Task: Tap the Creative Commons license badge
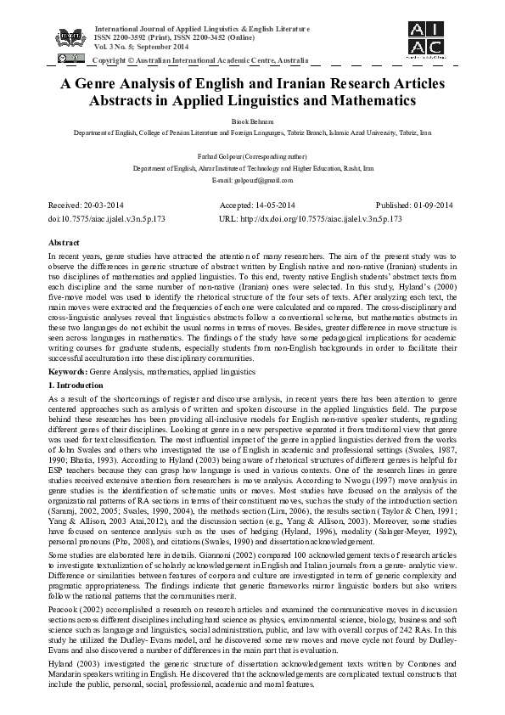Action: pyautogui.click(x=69, y=59)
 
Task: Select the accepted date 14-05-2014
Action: pyautogui.click(x=276, y=205)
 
